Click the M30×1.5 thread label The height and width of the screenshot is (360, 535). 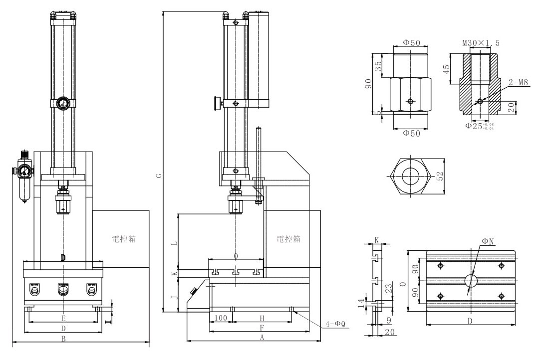pyautogui.click(x=480, y=43)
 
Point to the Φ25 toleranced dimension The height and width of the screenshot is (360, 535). pyautogui.click(x=477, y=126)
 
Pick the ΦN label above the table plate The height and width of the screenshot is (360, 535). pyautogui.click(x=488, y=241)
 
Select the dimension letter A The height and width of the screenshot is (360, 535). pyautogui.click(x=262, y=338)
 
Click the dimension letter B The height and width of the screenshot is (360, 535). pyautogui.click(x=63, y=339)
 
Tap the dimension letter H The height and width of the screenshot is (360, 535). pyautogui.click(x=262, y=318)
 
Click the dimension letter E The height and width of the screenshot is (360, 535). pyautogui.click(x=63, y=318)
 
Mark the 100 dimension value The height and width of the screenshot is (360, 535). pyautogui.click(x=220, y=318)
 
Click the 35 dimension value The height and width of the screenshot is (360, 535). pyautogui.click(x=378, y=64)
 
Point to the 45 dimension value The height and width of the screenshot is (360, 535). pyautogui.click(x=448, y=67)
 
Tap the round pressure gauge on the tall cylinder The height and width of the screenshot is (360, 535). pyautogui.click(x=63, y=104)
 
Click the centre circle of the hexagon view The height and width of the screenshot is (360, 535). pyautogui.click(x=411, y=177)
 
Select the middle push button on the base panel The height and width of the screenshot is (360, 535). pyautogui.click(x=63, y=291)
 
